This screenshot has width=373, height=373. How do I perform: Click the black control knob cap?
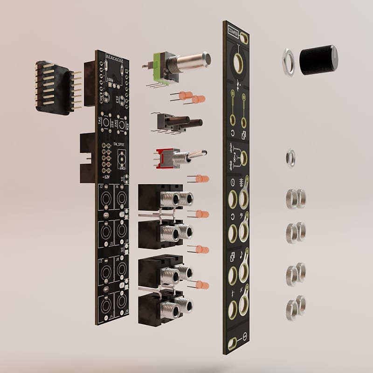[318, 60]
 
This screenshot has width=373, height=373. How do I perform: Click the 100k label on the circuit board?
[111, 79]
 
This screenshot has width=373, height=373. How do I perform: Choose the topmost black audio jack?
[161, 198]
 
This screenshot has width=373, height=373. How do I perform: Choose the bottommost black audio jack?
[161, 305]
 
